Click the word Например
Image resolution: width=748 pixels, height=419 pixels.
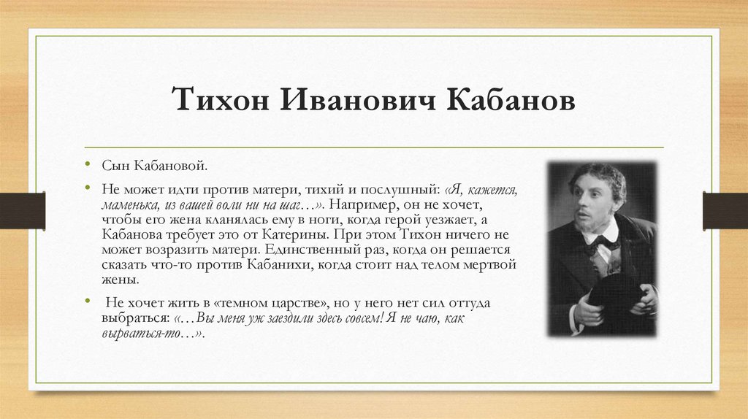pyautogui.click(x=368, y=205)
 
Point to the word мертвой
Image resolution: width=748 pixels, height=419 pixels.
pyautogui.click(x=489, y=264)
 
